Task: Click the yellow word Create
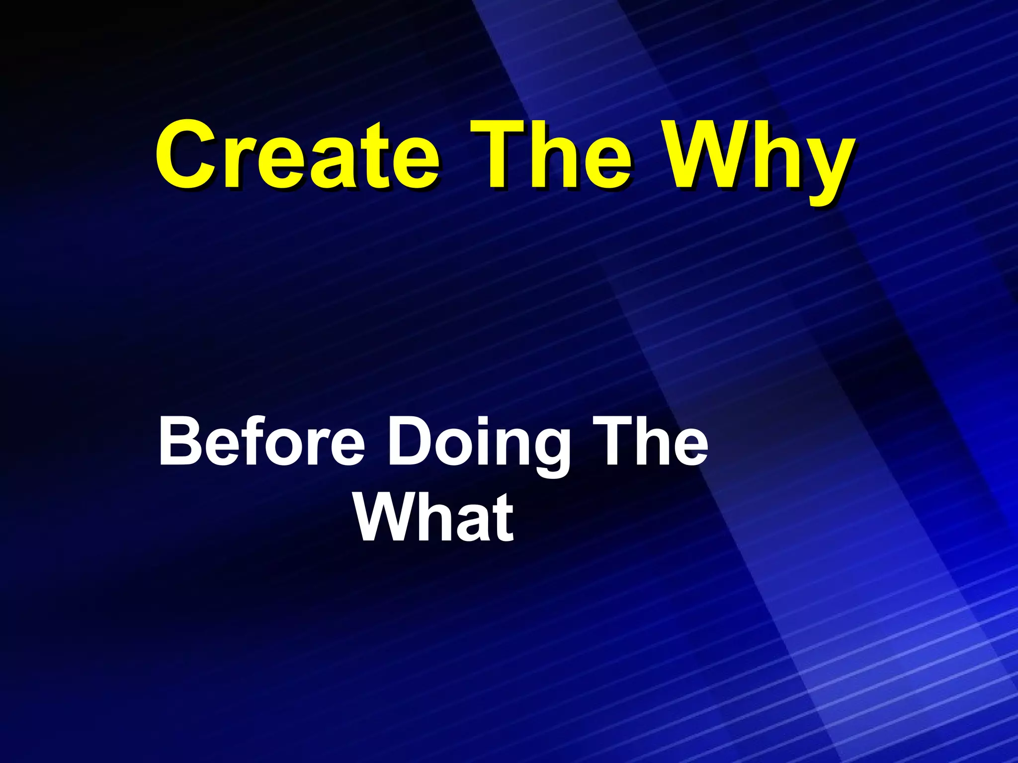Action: coord(297,155)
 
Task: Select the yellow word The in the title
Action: coord(551,155)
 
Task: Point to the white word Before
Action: coord(261,441)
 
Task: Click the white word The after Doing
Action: coord(651,441)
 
